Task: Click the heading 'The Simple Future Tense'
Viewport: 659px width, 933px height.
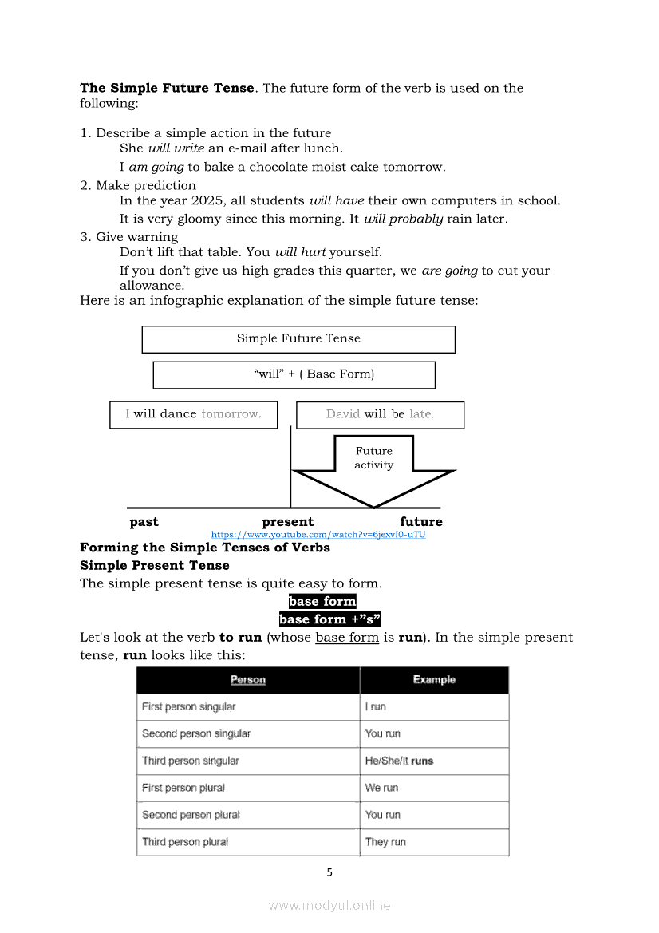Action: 167,88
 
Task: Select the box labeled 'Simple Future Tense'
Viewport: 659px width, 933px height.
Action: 298,338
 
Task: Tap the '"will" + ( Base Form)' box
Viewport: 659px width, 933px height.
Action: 294,374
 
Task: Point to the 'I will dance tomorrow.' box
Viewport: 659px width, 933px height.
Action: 193,414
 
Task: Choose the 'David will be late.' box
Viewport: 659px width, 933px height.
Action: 380,414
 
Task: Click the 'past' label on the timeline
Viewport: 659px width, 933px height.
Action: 144,522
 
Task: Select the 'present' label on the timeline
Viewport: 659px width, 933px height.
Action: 288,522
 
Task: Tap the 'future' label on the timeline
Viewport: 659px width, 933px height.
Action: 421,522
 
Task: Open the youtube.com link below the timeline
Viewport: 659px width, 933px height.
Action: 318,535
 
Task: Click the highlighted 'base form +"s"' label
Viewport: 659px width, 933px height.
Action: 329,619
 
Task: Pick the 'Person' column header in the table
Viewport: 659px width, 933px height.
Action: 248,680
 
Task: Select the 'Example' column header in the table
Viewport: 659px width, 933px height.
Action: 434,680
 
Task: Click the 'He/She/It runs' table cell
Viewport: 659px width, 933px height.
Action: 399,761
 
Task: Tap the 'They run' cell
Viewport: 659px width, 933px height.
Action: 385,842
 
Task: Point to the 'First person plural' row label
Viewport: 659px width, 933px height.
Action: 183,788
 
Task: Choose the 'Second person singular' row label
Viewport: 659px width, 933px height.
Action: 196,733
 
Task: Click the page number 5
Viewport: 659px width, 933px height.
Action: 329,872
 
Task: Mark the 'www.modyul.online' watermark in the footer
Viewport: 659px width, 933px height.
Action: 329,906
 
